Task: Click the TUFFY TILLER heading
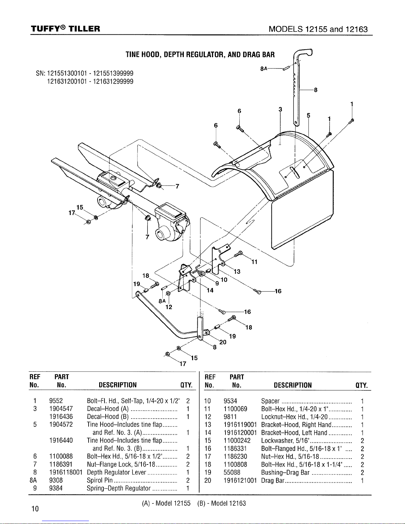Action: coord(65,29)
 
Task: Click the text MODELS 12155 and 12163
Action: coord(318,29)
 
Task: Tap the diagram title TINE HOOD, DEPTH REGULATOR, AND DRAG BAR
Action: coord(200,55)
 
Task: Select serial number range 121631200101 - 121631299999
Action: coord(90,82)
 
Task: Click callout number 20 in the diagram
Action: coord(223,342)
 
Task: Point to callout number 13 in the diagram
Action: coord(237,271)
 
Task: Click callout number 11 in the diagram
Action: coord(254,262)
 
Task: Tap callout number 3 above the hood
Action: coord(280,109)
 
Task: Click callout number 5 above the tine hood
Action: coord(308,115)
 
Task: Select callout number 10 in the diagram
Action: coord(224,280)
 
